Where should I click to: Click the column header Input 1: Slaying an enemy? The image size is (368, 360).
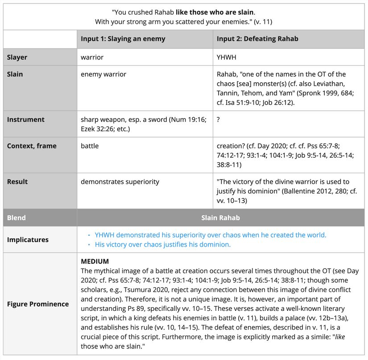point(123,39)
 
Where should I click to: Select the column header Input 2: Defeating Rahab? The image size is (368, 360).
point(257,39)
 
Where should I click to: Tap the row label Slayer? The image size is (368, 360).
point(17,57)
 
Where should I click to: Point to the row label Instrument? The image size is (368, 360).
point(25,119)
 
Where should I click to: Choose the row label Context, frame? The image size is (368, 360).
point(32,146)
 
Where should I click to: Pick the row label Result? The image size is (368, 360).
point(17,182)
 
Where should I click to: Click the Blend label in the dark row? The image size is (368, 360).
point(16,218)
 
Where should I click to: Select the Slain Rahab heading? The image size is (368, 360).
point(220,218)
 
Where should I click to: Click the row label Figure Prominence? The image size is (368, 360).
point(38,304)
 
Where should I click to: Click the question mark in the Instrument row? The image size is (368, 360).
point(219,119)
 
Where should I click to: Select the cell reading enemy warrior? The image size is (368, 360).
point(103,74)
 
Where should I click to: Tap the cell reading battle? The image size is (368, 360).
point(90,146)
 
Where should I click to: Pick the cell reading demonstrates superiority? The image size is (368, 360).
point(120,182)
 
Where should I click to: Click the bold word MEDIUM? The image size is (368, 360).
point(95,261)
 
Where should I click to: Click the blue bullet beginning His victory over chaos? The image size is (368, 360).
point(162,244)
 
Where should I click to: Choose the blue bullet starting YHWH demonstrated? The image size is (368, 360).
point(210,235)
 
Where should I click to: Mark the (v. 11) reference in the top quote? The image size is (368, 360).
point(264,21)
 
